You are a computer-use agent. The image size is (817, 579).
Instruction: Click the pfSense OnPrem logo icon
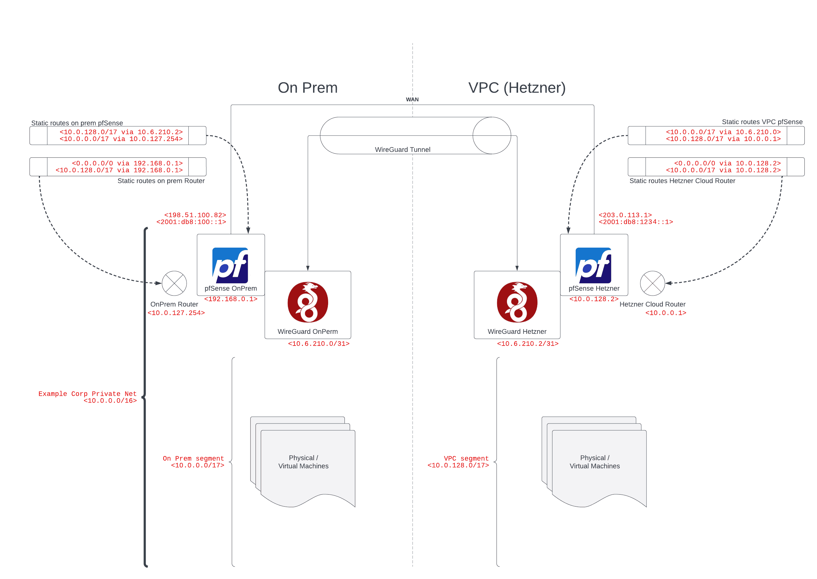point(230,265)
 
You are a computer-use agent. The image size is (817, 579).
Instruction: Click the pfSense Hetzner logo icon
point(593,265)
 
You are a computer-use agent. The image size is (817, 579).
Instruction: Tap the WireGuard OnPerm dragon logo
point(308,302)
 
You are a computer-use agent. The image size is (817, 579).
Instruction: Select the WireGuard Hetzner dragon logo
point(517,302)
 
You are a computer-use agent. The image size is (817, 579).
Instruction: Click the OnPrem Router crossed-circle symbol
point(174,283)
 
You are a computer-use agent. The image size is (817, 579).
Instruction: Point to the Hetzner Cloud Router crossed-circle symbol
point(652,283)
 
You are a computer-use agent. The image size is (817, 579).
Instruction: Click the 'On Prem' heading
point(308,88)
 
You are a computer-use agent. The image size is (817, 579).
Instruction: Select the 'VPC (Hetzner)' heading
point(517,88)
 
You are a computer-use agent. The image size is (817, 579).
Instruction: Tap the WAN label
point(412,99)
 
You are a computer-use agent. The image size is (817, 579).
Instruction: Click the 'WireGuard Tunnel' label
point(402,150)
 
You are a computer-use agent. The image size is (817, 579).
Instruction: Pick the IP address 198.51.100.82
point(195,215)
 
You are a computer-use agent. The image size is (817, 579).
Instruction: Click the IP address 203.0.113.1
point(625,215)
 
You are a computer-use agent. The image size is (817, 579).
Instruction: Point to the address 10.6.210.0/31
point(319,344)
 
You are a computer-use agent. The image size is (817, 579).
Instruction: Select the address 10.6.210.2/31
point(528,344)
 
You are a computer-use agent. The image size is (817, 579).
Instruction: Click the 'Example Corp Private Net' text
point(88,394)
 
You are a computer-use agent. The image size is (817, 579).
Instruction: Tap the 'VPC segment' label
point(466,459)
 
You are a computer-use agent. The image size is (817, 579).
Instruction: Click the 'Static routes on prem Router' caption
point(161,181)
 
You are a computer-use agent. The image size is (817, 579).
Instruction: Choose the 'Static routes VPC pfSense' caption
point(762,122)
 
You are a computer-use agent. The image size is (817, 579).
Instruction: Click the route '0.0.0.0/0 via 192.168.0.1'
point(127,163)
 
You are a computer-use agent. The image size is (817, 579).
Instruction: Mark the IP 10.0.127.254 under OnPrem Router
point(176,313)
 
